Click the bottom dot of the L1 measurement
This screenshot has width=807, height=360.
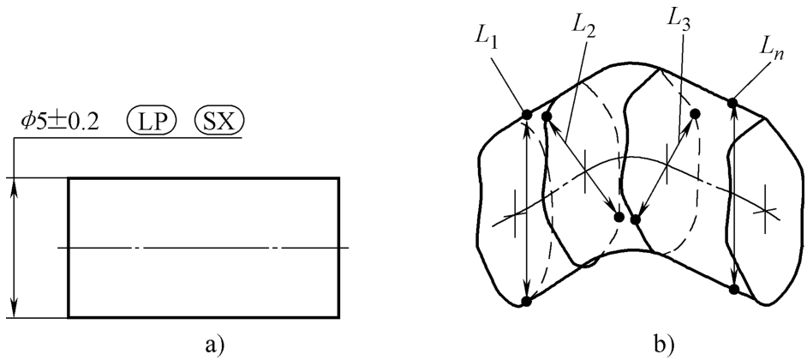[x=527, y=302]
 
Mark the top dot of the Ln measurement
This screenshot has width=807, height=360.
[x=733, y=104]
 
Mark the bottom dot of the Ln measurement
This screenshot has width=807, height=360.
[x=734, y=290]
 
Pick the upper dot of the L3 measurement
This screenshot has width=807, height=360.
[x=695, y=113]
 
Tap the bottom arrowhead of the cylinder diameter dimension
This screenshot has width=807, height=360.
[x=14, y=311]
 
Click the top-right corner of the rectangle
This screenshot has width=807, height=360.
[x=339, y=178]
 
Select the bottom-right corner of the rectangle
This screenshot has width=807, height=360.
[x=339, y=318]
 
